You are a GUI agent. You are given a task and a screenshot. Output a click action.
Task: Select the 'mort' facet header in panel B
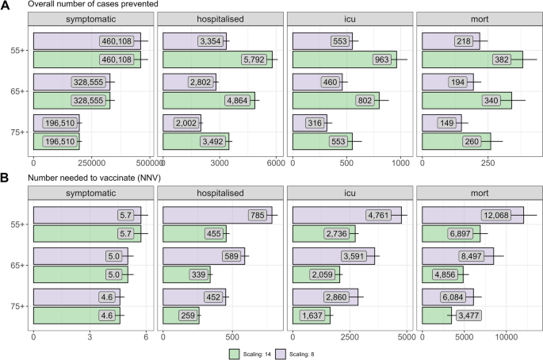[479, 193]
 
